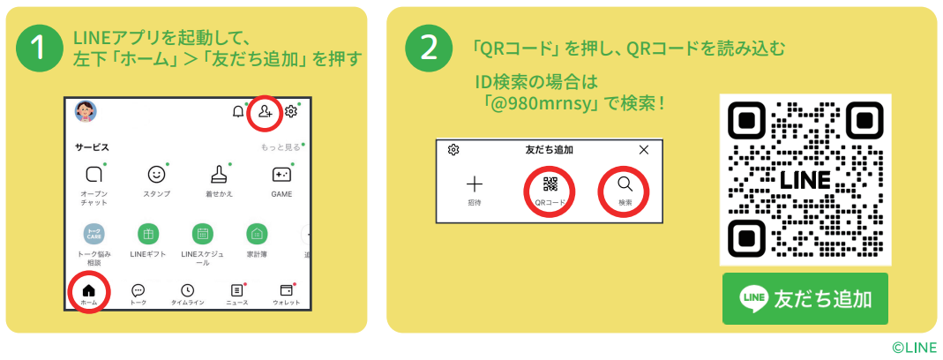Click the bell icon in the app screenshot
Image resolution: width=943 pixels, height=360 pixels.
click(238, 112)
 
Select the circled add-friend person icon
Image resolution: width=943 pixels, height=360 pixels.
click(265, 111)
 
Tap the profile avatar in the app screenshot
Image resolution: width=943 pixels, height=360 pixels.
click(86, 111)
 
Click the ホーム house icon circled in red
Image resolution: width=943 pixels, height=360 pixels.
click(88, 290)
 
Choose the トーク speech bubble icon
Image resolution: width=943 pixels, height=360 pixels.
click(138, 290)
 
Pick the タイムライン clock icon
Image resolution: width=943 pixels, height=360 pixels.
click(188, 290)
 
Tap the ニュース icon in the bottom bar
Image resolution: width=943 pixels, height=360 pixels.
click(237, 290)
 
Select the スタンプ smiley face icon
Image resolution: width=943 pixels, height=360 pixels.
click(156, 175)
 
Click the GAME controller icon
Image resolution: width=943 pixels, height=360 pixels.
click(281, 175)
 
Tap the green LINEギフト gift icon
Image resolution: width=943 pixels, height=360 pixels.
click(148, 234)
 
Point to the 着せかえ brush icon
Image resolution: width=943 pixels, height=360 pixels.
click(219, 174)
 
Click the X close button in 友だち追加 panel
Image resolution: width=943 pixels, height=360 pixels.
click(643, 150)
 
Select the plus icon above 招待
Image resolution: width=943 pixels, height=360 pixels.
click(475, 184)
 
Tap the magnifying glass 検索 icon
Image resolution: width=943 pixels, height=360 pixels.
click(625, 184)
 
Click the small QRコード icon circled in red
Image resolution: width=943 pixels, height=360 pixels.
click(550, 184)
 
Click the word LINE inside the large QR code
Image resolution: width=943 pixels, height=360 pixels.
click(805, 179)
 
